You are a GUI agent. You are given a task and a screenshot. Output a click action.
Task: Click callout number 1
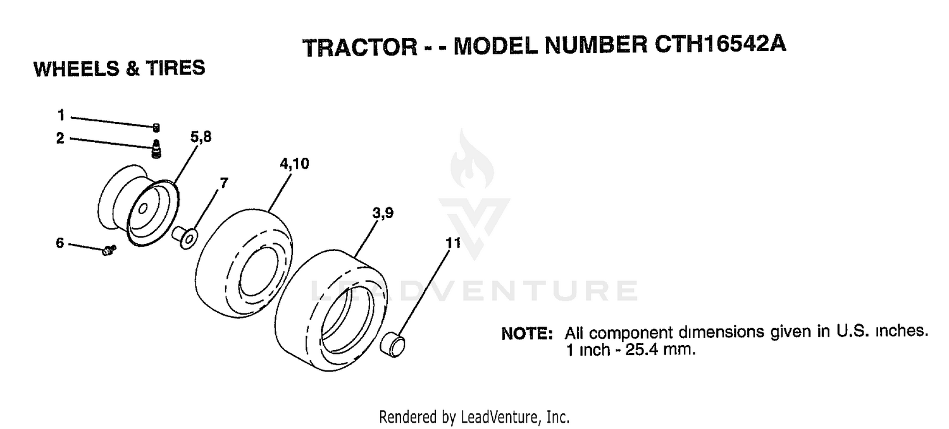pyautogui.click(x=61, y=115)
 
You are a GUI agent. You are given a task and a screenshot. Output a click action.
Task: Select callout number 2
pyautogui.click(x=60, y=138)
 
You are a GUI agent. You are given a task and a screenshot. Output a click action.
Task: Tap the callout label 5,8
pyautogui.click(x=201, y=137)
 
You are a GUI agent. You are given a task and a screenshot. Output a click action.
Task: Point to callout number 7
pyautogui.click(x=224, y=183)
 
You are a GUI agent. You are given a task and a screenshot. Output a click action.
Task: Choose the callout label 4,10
pyautogui.click(x=294, y=164)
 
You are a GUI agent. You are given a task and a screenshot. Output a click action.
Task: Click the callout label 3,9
pyautogui.click(x=383, y=213)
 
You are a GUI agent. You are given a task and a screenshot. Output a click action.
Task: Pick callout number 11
pyautogui.click(x=452, y=243)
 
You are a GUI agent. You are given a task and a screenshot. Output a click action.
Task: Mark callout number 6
pyautogui.click(x=59, y=243)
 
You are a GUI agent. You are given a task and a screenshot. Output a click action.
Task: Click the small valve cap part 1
pyautogui.click(x=156, y=128)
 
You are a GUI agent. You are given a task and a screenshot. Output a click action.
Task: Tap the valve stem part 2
pyautogui.click(x=156, y=149)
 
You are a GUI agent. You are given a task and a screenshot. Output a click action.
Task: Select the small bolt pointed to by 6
pyautogui.click(x=109, y=250)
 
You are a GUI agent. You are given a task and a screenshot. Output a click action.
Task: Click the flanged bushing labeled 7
pyautogui.click(x=185, y=237)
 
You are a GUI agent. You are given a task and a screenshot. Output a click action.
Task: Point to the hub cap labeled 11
pyautogui.click(x=393, y=344)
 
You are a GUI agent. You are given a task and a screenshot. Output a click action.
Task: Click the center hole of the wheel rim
pyautogui.click(x=143, y=208)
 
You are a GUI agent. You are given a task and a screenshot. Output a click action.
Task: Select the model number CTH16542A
pyautogui.click(x=720, y=44)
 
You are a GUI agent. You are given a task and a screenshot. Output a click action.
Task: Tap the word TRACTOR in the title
pyautogui.click(x=360, y=47)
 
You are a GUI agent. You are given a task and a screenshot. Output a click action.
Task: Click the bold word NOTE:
pyautogui.click(x=527, y=334)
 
